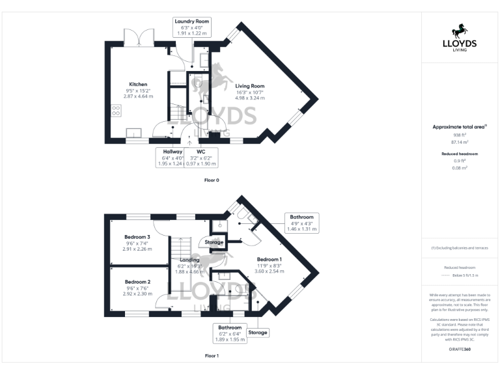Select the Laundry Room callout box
coord(191,27)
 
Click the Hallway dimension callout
coord(173,158)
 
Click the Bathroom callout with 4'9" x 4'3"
coord(302,223)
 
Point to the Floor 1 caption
coord(212,356)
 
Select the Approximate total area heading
coord(458,126)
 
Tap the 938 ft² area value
coord(460,135)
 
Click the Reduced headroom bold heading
coord(460,154)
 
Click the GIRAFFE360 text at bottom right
coord(460,350)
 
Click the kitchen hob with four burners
coord(117,111)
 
